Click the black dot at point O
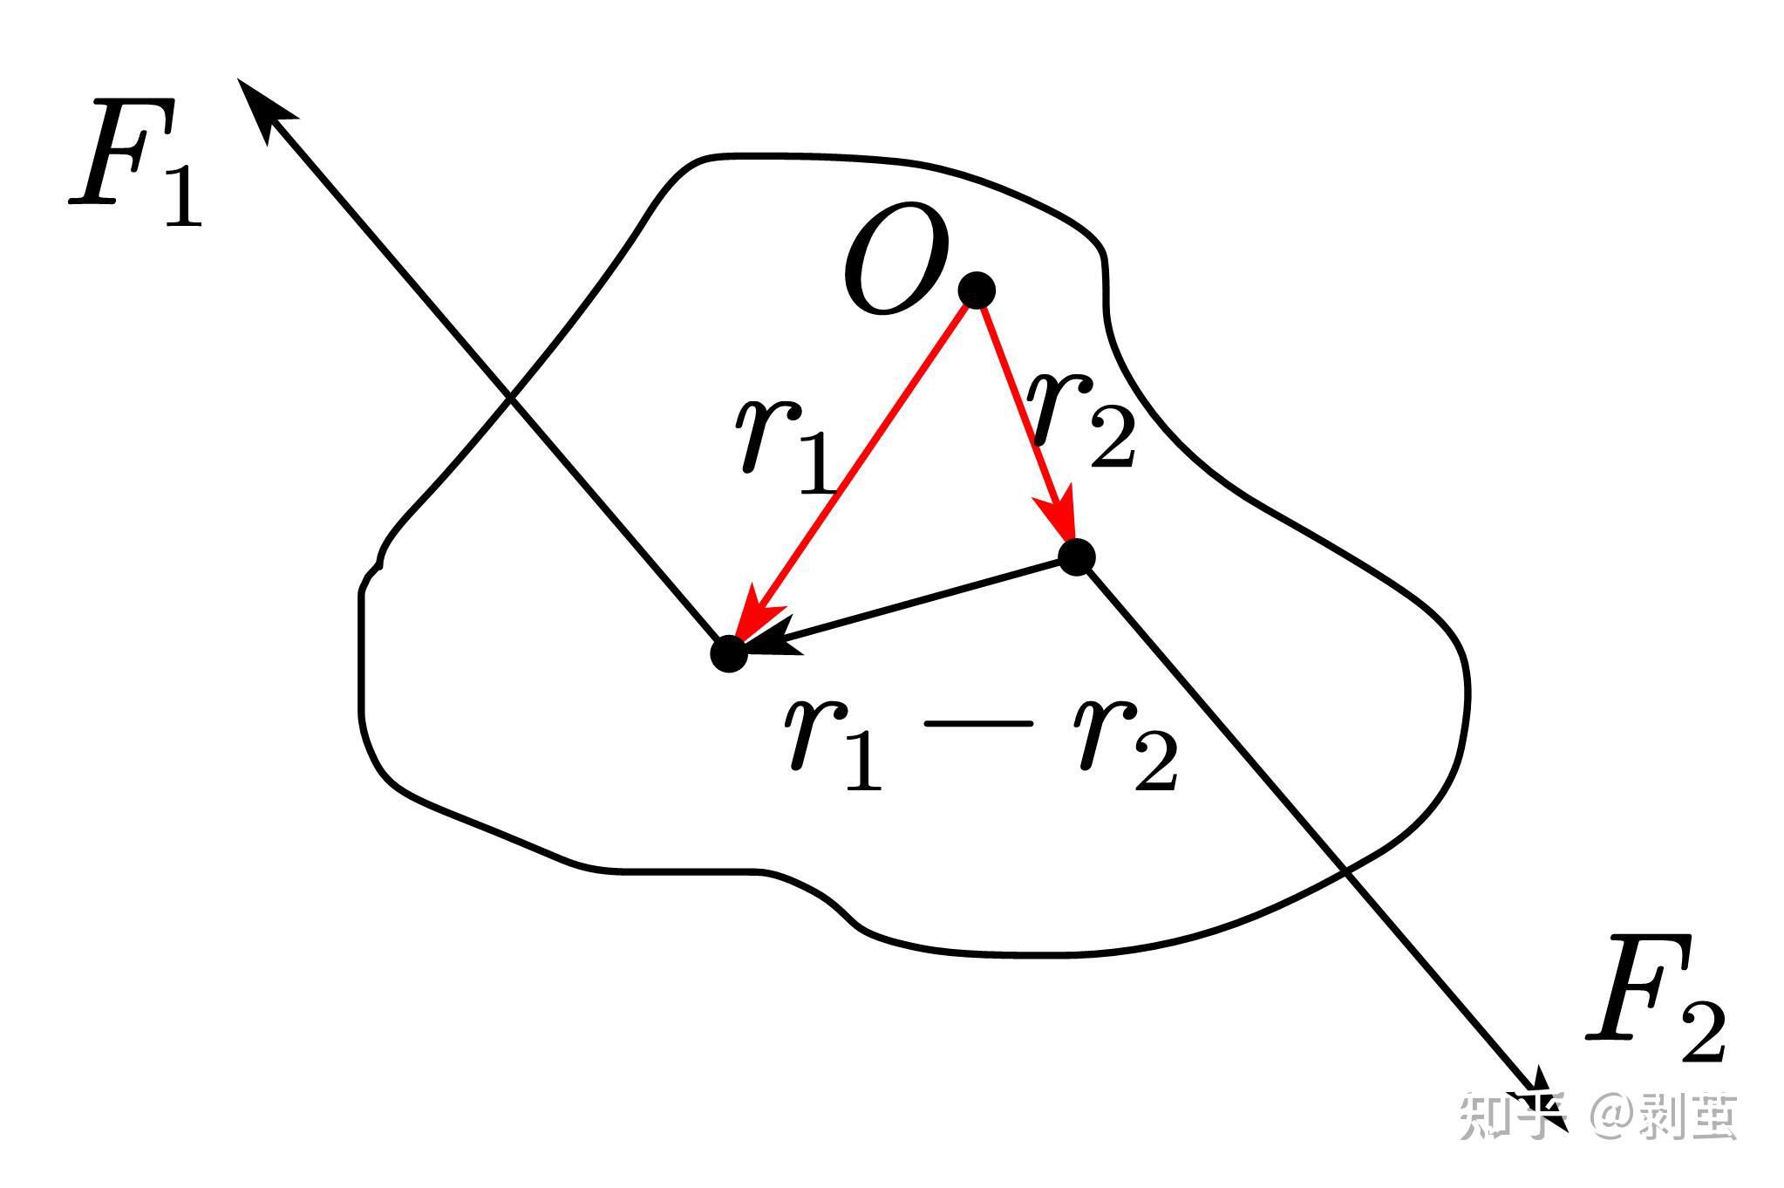976,289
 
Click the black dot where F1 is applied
729,652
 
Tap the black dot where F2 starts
1076,556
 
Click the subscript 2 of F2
1701,1034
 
